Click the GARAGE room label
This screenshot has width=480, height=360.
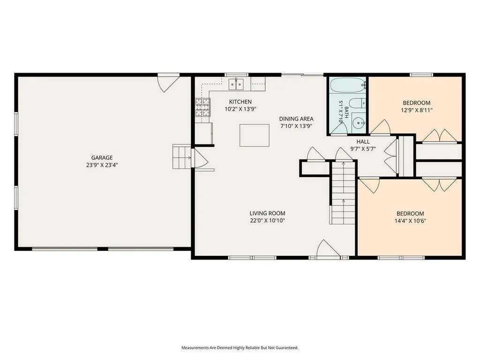102,157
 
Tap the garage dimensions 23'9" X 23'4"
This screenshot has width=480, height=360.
102,165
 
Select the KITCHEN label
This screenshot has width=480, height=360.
240,102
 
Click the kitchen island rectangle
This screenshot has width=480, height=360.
255,135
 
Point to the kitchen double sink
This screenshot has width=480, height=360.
236,84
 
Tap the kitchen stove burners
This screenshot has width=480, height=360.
202,107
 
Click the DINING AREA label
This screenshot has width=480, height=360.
296,119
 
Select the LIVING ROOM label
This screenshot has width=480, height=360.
267,213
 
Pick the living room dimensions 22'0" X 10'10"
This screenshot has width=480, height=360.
267,220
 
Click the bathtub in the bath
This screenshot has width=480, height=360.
348,85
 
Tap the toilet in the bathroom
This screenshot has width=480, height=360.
357,104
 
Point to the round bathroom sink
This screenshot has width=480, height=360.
358,123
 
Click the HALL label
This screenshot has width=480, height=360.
363,142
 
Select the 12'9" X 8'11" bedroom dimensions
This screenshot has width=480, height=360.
416,110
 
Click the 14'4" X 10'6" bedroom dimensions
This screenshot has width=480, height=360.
410,221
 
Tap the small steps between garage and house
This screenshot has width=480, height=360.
182,157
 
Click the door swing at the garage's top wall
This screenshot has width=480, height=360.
168,82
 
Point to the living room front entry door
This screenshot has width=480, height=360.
328,248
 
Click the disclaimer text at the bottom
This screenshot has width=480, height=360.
240,348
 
